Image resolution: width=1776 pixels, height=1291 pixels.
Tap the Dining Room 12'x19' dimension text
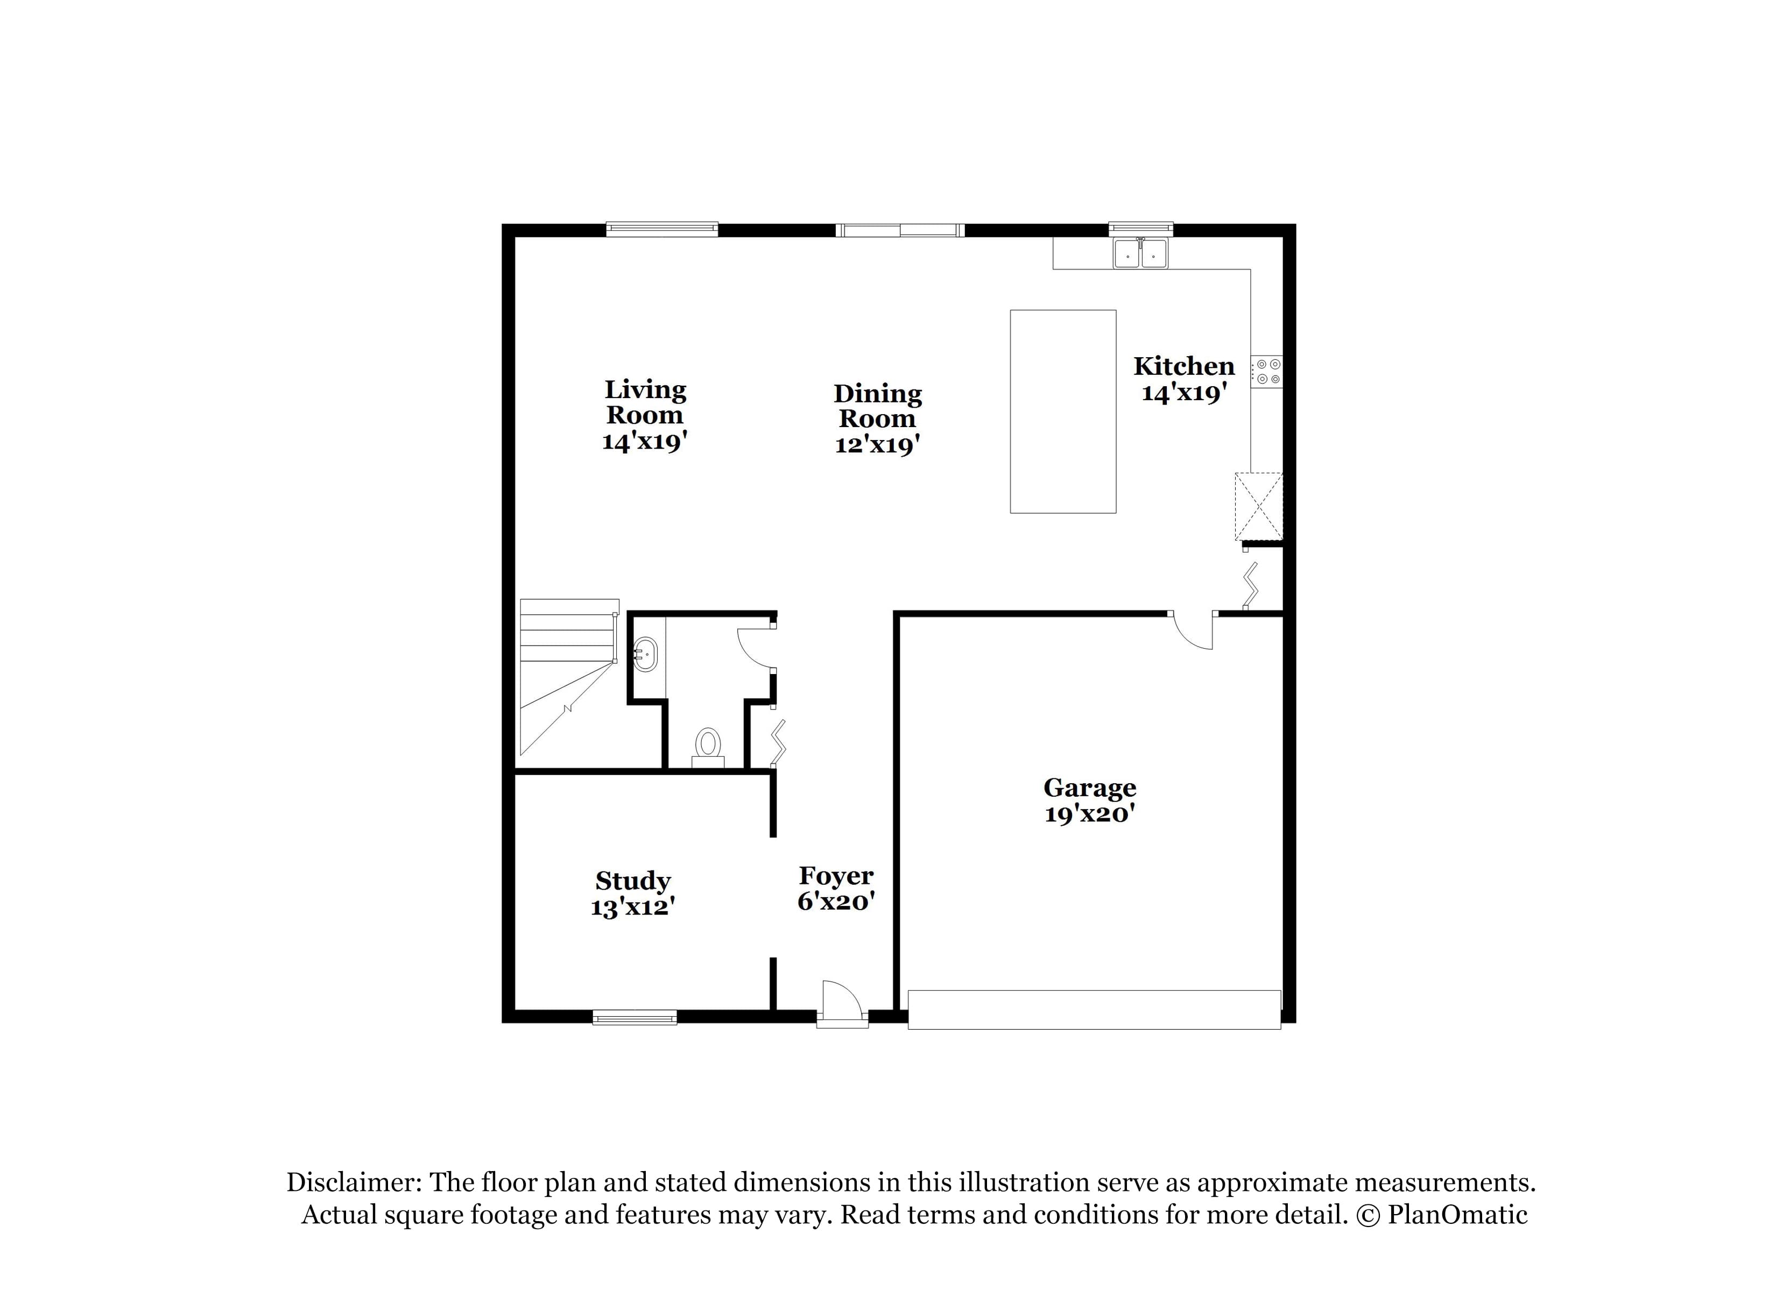[877, 445]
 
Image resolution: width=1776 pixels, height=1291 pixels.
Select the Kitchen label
[1183, 366]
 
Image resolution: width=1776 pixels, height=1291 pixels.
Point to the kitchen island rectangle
[1062, 411]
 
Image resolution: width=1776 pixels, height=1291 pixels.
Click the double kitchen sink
[1140, 254]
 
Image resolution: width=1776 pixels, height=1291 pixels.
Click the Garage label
[1089, 787]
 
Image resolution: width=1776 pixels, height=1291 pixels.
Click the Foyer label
[836, 875]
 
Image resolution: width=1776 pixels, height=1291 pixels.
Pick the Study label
[633, 881]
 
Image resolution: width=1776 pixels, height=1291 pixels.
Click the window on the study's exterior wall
[635, 1018]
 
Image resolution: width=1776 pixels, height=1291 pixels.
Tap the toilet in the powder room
[708, 746]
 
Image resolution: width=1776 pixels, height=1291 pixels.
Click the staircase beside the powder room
[568, 673]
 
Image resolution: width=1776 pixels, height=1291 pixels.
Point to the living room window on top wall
[661, 229]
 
